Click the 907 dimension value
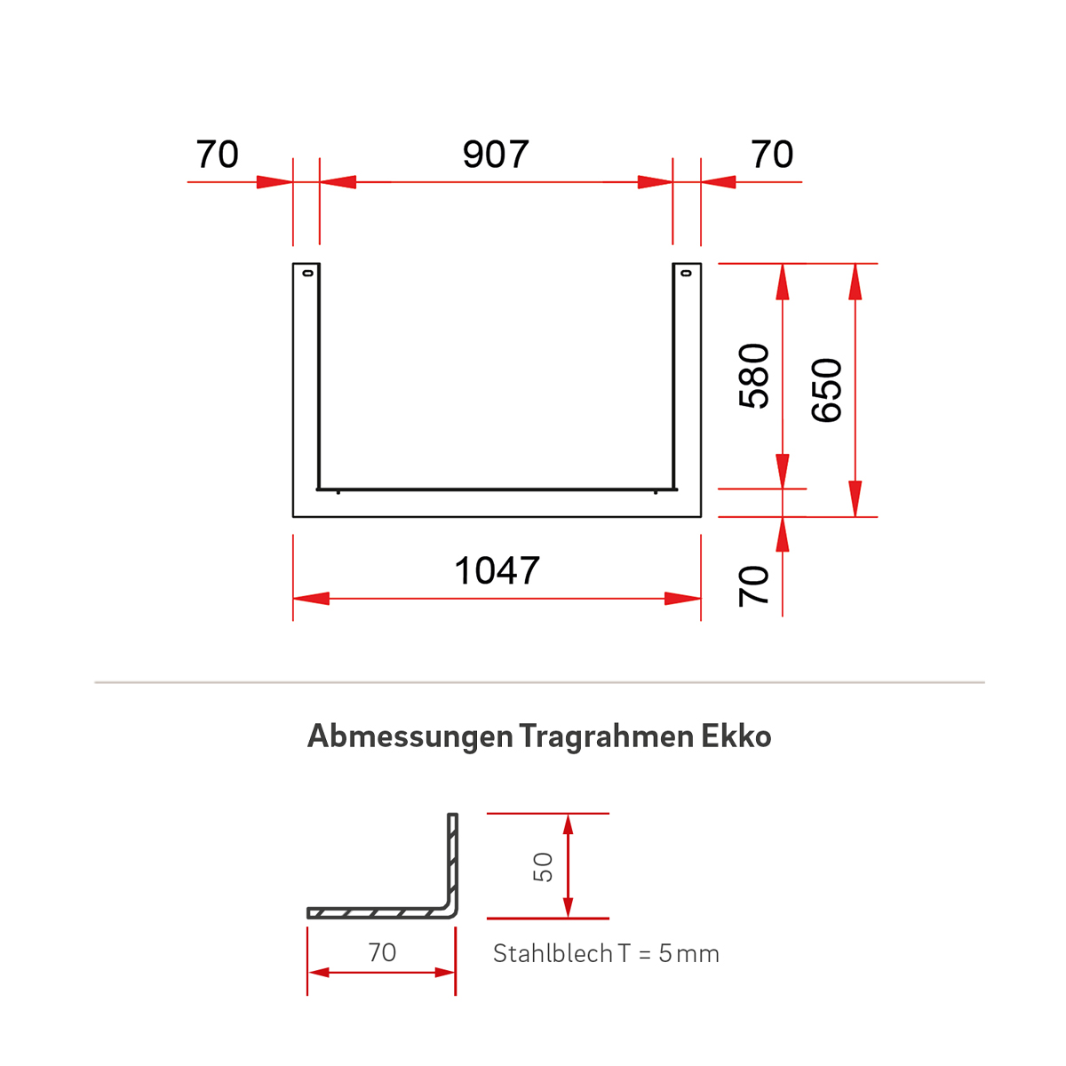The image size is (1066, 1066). pyautogui.click(x=496, y=155)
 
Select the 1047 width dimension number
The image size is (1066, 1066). pyautogui.click(x=497, y=571)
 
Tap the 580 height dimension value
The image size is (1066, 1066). pyautogui.click(x=754, y=376)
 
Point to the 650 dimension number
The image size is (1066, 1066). pyautogui.click(x=827, y=390)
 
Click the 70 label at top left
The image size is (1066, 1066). pyautogui.click(x=218, y=155)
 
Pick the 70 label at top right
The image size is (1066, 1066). pyautogui.click(x=772, y=155)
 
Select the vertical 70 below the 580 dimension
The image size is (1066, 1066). pyautogui.click(x=754, y=585)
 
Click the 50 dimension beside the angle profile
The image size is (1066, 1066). pyautogui.click(x=543, y=867)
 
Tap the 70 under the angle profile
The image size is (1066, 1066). pyautogui.click(x=382, y=952)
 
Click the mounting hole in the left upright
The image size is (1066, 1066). pyautogui.click(x=307, y=273)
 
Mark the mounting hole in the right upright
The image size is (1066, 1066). pyautogui.click(x=685, y=273)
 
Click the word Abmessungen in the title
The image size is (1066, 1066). pyautogui.click(x=410, y=736)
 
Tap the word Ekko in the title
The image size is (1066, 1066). pyautogui.click(x=736, y=736)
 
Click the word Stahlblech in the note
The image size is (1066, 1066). pyautogui.click(x=553, y=954)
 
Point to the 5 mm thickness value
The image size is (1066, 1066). pyautogui.click(x=688, y=954)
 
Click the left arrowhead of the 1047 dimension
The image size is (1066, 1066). pyautogui.click(x=310, y=599)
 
